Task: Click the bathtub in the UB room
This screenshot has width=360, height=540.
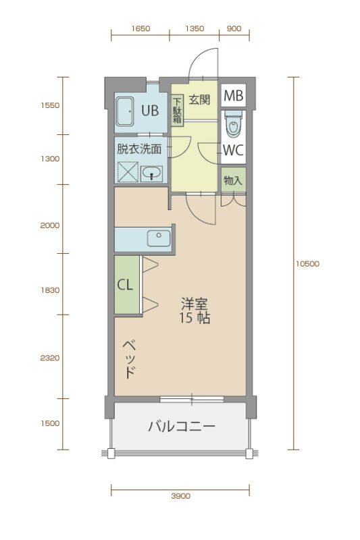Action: pos(125,111)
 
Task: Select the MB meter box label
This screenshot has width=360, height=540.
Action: pos(233,95)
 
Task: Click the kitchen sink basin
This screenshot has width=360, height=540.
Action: pos(159,238)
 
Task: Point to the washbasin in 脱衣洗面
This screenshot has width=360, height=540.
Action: pos(151,173)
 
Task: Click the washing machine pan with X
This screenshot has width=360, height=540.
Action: pos(128,171)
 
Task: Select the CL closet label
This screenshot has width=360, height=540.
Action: pos(125,285)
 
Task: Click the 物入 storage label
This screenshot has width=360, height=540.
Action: pos(233,180)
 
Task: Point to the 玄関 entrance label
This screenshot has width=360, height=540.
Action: pos(199,99)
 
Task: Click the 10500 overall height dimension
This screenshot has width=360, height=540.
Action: pos(307,264)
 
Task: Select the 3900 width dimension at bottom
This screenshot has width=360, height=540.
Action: pos(180,496)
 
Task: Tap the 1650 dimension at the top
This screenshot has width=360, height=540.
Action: pos(140,28)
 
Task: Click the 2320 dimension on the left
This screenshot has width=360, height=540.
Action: pos(50,358)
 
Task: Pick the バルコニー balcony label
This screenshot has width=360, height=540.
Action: pos(182,427)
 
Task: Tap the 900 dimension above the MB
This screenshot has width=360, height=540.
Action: pos(234,28)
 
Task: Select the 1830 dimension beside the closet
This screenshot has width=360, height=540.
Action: pos(50,290)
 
